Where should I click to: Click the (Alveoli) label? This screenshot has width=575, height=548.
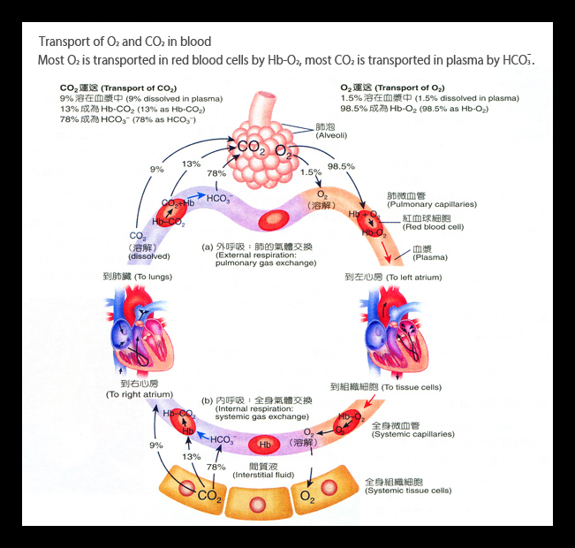point(331,135)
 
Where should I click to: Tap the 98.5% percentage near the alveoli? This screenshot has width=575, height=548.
point(341,166)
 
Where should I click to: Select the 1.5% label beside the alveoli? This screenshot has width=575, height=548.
point(311,171)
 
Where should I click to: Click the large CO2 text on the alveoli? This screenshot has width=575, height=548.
point(251,148)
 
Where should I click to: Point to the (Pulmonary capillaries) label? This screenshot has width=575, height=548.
point(432,204)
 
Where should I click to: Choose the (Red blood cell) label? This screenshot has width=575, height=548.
point(433,227)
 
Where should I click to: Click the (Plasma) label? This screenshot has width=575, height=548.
point(430,257)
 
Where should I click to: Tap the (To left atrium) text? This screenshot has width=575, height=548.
point(413,278)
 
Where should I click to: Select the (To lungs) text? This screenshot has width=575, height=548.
point(154,277)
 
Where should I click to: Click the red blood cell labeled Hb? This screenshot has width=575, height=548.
point(264,445)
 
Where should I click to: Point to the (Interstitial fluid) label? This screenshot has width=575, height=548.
point(263,475)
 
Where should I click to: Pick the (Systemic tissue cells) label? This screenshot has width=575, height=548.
point(408,491)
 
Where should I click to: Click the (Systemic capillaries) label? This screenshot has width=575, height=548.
point(412,434)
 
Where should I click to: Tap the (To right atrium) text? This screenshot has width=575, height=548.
point(140,394)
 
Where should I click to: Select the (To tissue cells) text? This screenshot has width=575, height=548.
point(412,387)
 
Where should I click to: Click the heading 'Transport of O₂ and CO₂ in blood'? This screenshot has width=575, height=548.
point(125,42)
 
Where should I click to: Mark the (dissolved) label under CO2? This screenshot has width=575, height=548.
point(149,256)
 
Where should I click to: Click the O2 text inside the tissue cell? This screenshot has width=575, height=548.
point(307,497)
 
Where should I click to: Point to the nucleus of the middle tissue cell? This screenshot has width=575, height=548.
point(257,505)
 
